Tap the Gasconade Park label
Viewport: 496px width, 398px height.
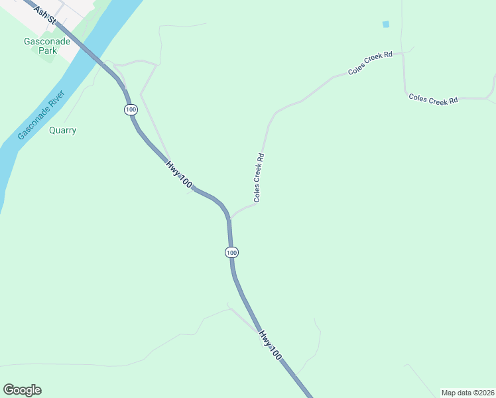[43, 46]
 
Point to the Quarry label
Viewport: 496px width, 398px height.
[63, 131]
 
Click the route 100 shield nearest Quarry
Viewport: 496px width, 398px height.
[130, 109]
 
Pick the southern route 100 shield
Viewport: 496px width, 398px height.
[231, 253]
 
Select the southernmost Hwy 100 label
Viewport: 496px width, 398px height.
[271, 346]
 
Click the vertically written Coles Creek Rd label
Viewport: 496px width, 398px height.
[259, 178]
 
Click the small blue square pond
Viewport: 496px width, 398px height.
[386, 25]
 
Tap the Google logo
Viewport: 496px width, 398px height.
[22, 390]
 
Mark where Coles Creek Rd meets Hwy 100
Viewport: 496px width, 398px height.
[229, 218]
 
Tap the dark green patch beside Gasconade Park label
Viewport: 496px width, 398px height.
[48, 54]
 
